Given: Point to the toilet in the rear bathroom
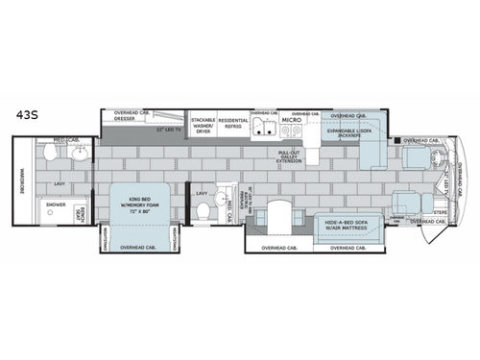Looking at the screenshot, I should [50, 152].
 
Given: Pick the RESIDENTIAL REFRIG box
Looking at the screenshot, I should [233, 126].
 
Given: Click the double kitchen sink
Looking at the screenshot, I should [265, 131].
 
